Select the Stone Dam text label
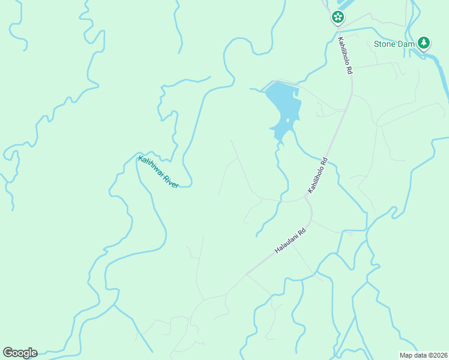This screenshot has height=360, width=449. tap(393, 44)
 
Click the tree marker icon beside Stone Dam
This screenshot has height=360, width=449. tap(424, 42)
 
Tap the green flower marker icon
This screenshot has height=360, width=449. tap(338, 17)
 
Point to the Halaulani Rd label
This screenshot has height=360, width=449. tap(291, 240)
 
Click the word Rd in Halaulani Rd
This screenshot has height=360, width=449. tap(302, 230)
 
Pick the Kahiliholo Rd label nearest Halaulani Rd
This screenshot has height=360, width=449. tap(318, 175)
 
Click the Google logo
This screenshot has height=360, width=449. tap(20, 352)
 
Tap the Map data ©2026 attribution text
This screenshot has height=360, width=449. tap(423, 355)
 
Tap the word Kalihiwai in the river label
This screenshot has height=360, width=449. tap(151, 166)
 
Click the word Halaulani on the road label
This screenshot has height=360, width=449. tap(286, 244)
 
